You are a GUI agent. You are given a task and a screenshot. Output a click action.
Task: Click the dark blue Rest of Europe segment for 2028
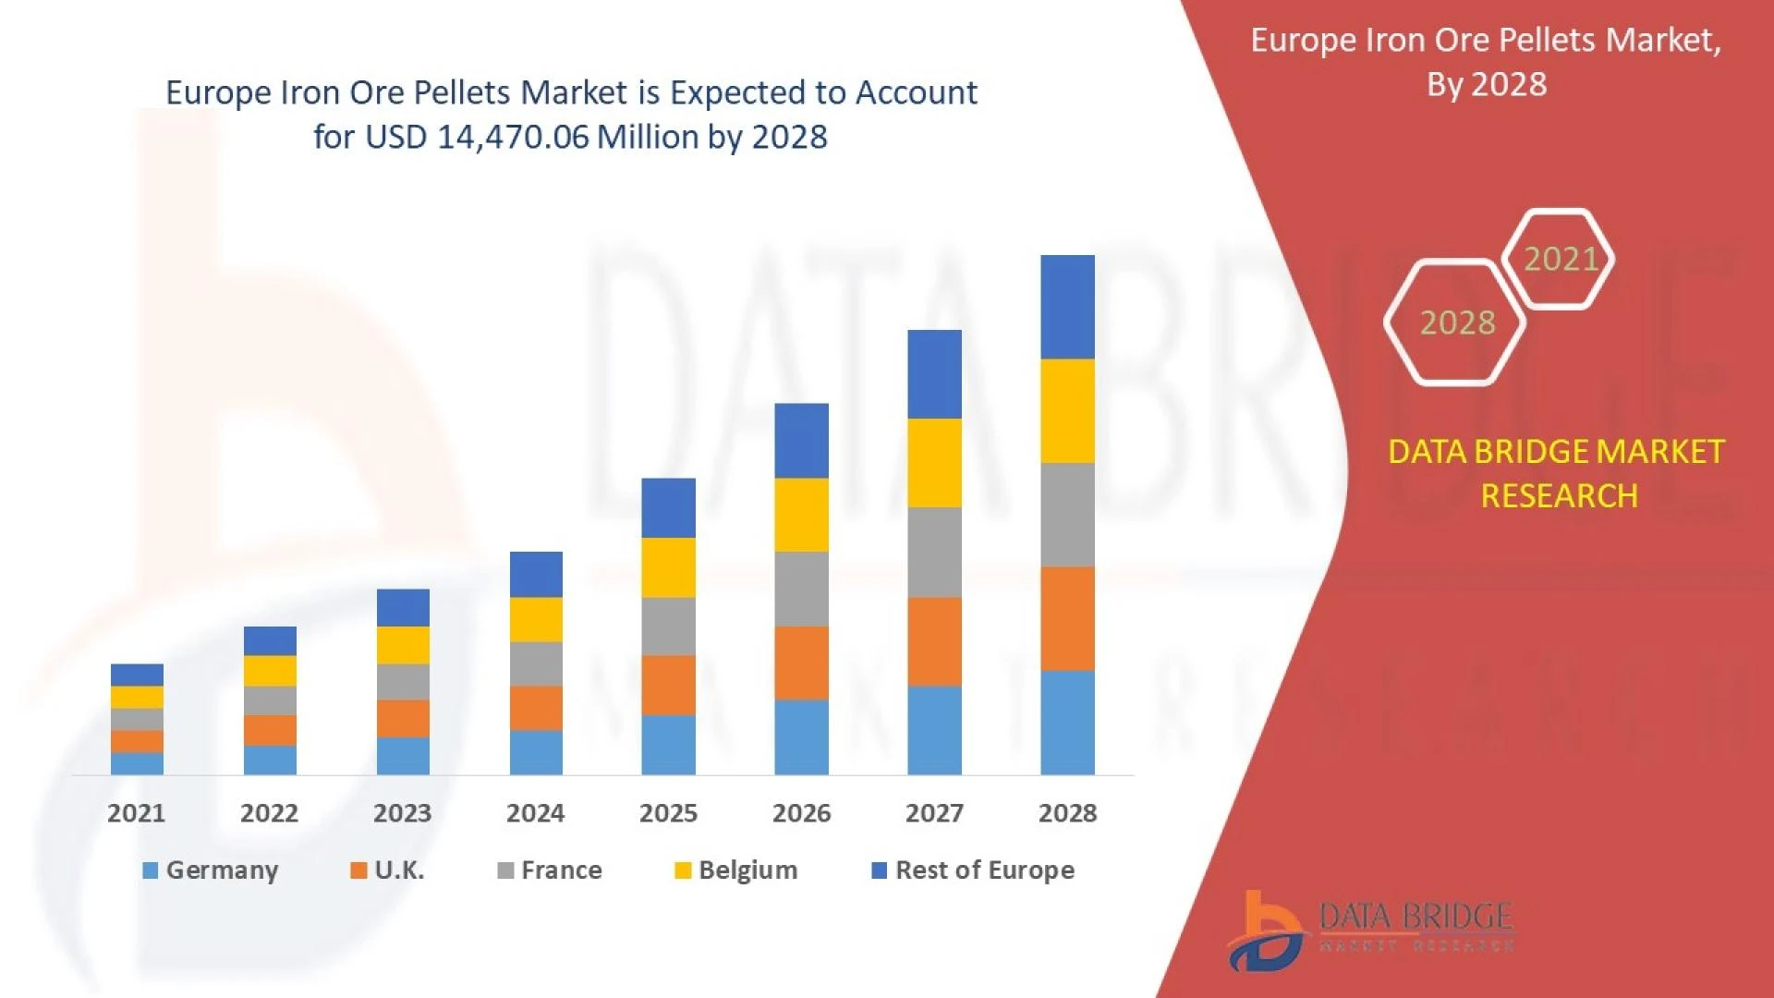[x=1067, y=307]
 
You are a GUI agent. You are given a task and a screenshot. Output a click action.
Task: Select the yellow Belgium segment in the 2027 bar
[x=934, y=463]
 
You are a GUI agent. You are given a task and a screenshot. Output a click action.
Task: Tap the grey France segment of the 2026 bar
[x=801, y=590]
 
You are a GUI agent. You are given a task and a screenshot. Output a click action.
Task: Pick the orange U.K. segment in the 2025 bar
[x=668, y=686]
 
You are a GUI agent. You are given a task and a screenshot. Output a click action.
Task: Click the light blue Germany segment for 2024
[x=536, y=752]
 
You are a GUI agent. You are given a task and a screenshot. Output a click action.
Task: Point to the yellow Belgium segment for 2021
[x=137, y=697]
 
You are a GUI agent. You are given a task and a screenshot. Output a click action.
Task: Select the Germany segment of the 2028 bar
[x=1067, y=723]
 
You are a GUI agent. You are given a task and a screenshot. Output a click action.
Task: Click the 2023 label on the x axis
[x=402, y=813]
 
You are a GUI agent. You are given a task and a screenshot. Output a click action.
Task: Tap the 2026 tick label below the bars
[x=801, y=813]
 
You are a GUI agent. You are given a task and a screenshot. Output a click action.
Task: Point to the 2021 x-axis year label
[x=137, y=813]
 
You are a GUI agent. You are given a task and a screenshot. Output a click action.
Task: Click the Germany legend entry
[x=211, y=870]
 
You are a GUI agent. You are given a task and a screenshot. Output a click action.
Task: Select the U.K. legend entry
[x=388, y=870]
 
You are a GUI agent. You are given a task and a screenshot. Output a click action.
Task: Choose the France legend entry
[x=550, y=870]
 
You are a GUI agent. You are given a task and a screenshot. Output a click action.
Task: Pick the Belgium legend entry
[x=736, y=870]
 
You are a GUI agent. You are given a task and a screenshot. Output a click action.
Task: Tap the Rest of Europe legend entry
[x=973, y=870]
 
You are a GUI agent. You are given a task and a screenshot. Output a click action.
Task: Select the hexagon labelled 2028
[x=1456, y=323]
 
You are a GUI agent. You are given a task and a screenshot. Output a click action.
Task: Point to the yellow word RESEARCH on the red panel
[x=1559, y=496]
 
